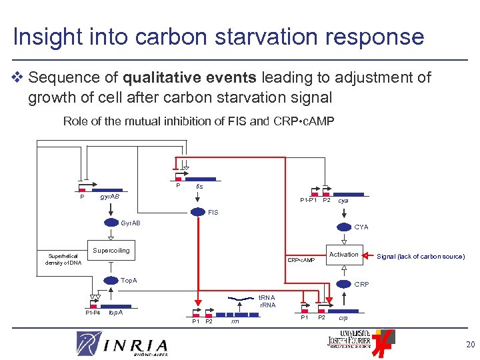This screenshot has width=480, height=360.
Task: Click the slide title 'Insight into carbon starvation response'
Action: tap(218, 36)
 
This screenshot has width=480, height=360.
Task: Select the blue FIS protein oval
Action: tap(199, 213)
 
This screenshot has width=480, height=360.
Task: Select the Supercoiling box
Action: tap(111, 251)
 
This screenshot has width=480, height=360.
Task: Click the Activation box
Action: tap(344, 255)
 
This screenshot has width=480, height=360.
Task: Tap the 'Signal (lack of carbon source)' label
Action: tap(421, 257)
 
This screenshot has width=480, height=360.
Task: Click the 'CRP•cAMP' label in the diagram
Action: tap(301, 260)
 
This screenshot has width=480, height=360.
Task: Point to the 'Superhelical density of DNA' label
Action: tap(63, 259)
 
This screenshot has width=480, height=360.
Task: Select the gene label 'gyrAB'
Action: tap(109, 197)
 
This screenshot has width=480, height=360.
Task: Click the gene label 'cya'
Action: tap(343, 200)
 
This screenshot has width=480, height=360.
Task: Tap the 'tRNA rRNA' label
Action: tap(267, 302)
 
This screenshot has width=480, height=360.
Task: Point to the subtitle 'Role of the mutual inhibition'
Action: tap(198, 121)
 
